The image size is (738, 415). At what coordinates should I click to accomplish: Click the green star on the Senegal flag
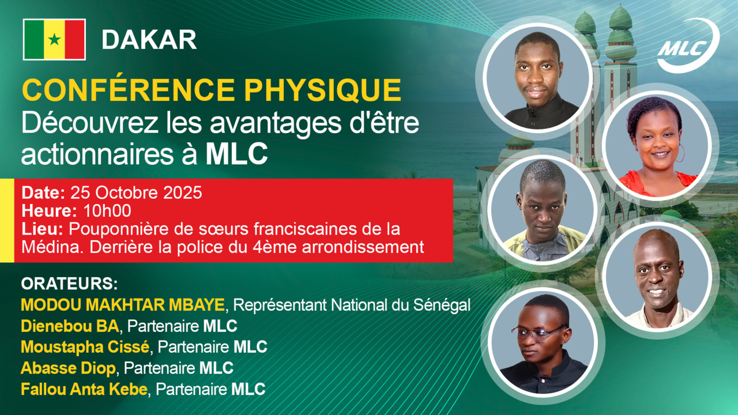54,40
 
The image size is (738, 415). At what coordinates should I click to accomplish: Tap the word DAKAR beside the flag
149,40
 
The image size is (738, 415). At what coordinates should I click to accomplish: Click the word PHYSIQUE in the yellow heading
322,90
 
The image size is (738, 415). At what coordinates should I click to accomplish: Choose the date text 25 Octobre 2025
136,193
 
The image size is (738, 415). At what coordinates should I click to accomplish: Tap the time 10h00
107,211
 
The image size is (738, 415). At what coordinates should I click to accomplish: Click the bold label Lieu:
43,229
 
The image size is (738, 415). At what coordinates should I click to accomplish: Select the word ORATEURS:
69,284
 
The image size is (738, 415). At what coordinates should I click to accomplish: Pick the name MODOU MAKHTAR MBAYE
123,305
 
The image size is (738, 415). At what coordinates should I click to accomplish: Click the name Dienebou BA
70,326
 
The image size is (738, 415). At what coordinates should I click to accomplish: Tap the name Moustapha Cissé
85,347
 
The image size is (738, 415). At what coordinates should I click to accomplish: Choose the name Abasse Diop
68,368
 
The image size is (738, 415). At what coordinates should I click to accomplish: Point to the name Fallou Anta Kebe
84,389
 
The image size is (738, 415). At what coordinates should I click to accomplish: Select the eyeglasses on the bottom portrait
539,331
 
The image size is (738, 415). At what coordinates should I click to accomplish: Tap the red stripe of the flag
75,40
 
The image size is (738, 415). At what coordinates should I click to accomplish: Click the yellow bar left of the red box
7,221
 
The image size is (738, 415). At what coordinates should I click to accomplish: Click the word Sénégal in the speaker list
442,305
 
